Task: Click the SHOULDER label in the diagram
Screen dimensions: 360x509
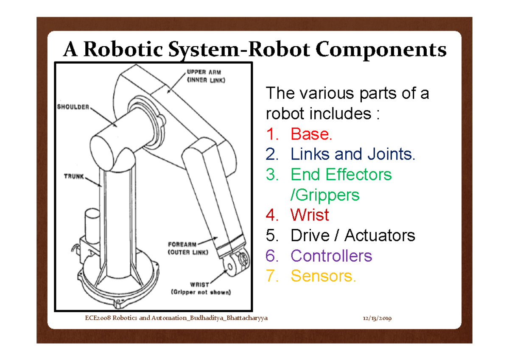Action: coord(73,107)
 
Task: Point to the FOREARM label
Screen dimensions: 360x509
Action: coord(182,244)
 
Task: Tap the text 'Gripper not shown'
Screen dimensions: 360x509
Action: coord(200,292)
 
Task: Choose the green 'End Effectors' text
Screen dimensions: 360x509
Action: coord(341,174)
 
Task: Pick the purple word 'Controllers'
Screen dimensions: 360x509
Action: coord(331,256)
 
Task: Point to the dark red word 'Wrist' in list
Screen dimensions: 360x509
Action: coord(310,215)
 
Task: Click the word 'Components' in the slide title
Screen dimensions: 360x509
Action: coord(381,50)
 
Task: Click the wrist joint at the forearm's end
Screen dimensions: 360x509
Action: coord(236,261)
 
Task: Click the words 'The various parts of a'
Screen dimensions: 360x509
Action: coord(347,93)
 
